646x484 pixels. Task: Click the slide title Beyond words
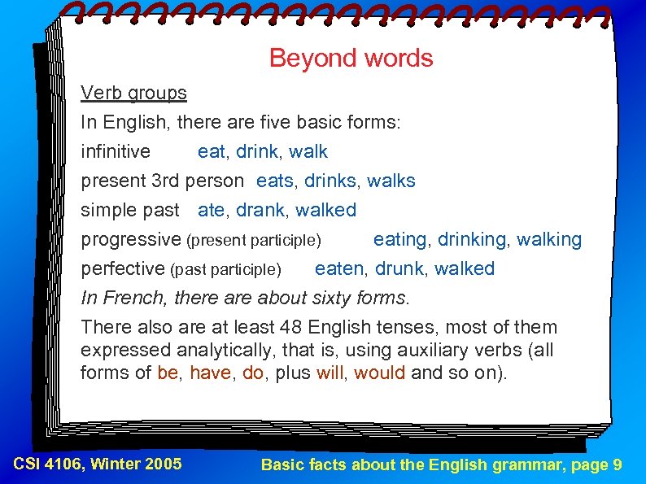point(351,59)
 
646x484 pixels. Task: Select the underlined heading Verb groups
point(133,94)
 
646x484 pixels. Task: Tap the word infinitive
point(116,152)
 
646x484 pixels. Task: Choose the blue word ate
point(211,211)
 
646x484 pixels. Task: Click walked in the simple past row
point(326,211)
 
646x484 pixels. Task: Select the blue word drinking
point(472,240)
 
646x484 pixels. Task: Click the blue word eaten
point(339,269)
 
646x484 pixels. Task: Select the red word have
point(210,373)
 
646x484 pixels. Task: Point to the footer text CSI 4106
point(48,464)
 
